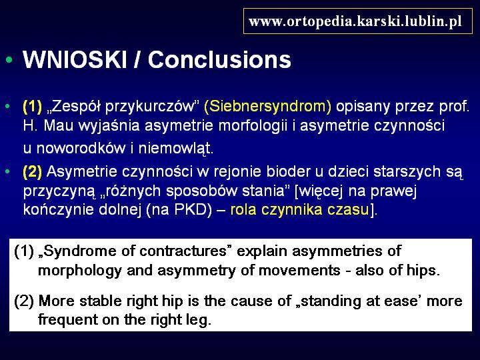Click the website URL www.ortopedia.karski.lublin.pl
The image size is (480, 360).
(x=355, y=21)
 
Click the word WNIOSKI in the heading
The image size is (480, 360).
(x=75, y=59)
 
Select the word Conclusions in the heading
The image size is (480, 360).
(x=219, y=59)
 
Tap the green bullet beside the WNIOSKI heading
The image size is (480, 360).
(x=9, y=59)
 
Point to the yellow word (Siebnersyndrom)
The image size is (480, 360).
(x=267, y=106)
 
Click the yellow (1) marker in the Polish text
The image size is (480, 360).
(x=33, y=106)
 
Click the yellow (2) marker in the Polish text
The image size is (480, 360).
(x=33, y=171)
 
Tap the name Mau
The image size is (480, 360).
(x=59, y=125)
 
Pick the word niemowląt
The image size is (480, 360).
(x=176, y=148)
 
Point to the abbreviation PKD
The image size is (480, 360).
(x=193, y=210)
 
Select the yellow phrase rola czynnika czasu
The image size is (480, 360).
(x=300, y=210)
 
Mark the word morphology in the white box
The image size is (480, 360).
(x=80, y=271)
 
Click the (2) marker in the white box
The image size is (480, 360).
(x=23, y=301)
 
